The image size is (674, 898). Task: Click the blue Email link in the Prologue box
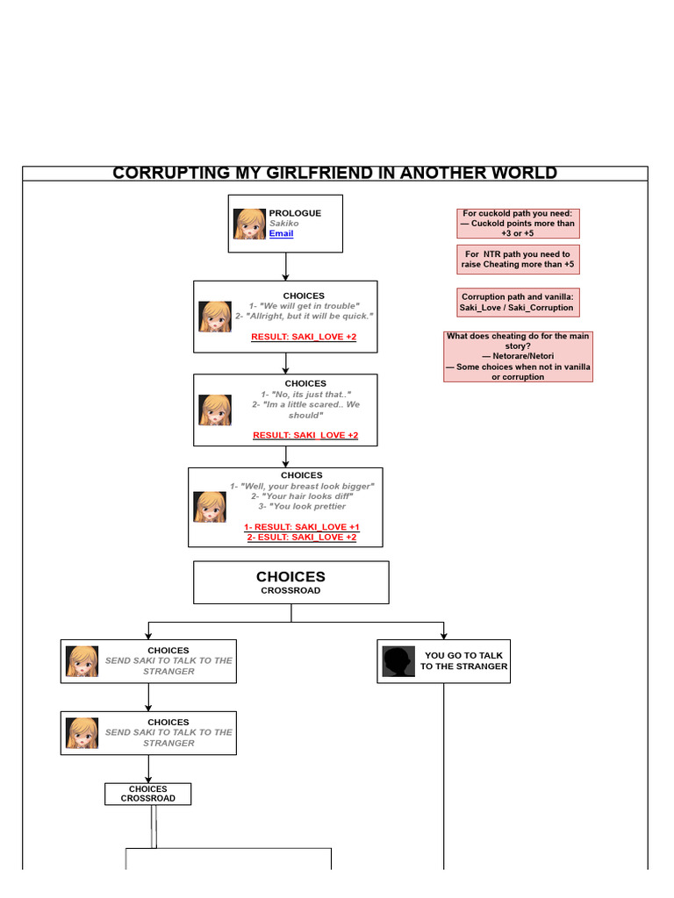tap(281, 234)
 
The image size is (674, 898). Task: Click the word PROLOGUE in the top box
tap(295, 213)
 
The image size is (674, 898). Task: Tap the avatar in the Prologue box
tap(249, 224)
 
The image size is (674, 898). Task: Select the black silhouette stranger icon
tap(398, 661)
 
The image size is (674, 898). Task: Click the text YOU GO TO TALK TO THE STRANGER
tap(463, 661)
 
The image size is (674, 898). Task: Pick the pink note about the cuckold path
tap(518, 224)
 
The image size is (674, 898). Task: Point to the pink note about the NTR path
tap(518, 260)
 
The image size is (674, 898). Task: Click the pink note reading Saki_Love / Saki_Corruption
tap(518, 303)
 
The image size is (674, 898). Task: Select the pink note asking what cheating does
tap(518, 356)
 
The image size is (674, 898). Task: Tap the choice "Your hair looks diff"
tap(302, 496)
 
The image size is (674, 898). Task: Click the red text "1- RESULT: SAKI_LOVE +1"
tap(302, 527)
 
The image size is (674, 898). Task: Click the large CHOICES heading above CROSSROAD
tap(290, 577)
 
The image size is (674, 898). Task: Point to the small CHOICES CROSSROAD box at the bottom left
tap(147, 794)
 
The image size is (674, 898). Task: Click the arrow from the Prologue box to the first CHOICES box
tap(286, 267)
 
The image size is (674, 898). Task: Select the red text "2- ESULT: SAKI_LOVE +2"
tap(302, 538)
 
